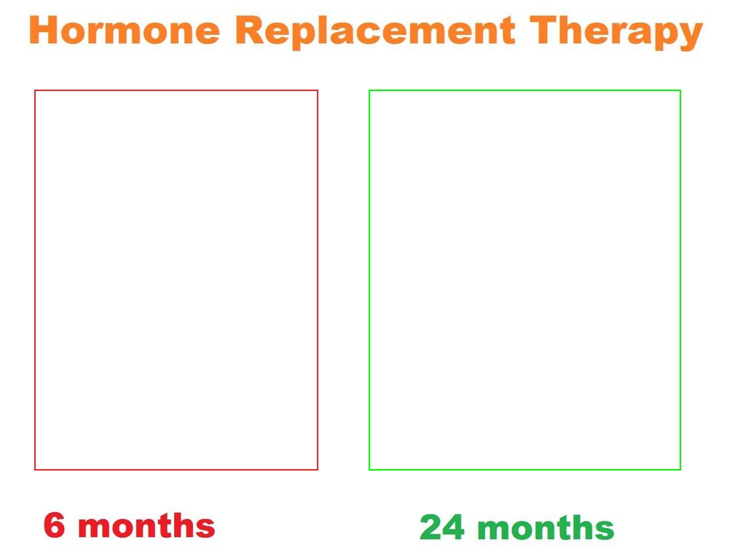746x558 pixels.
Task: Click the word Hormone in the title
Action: (125, 30)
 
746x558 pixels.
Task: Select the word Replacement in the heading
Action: (375, 32)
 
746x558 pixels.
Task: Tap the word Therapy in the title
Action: (616, 32)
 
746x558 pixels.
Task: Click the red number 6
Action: (54, 525)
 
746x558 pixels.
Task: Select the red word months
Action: (146, 525)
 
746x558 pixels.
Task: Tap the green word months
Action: (546, 527)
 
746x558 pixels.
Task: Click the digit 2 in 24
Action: (431, 527)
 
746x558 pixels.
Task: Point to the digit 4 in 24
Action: (453, 527)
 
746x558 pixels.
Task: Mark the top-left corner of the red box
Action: (35, 90)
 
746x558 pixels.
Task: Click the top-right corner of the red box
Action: (318, 90)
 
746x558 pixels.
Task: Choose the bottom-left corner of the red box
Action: (35, 470)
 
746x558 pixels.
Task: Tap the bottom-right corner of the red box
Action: (318, 470)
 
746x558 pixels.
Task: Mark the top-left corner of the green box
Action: (369, 90)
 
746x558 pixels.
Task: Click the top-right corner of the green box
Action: (680, 90)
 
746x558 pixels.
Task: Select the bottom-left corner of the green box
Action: (369, 470)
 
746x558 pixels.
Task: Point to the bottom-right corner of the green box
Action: (680, 470)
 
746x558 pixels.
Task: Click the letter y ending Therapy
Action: (690, 36)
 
